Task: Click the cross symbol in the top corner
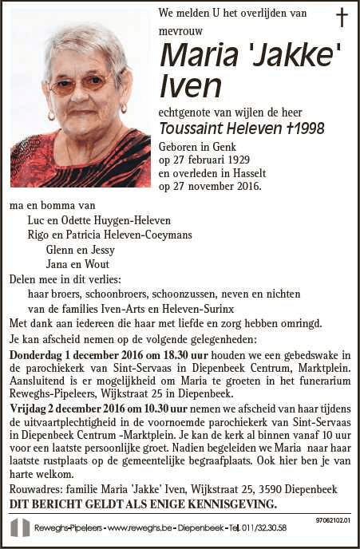[x=342, y=18]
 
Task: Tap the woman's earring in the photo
[x=123, y=108]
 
